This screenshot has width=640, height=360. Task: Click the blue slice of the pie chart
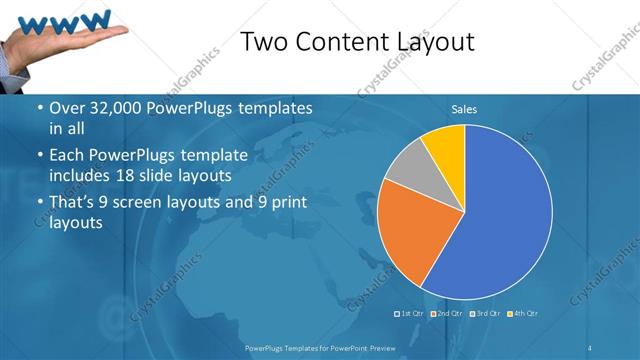point(500,220)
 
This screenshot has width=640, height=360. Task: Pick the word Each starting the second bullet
point(67,157)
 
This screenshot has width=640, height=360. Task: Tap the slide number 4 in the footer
point(591,347)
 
